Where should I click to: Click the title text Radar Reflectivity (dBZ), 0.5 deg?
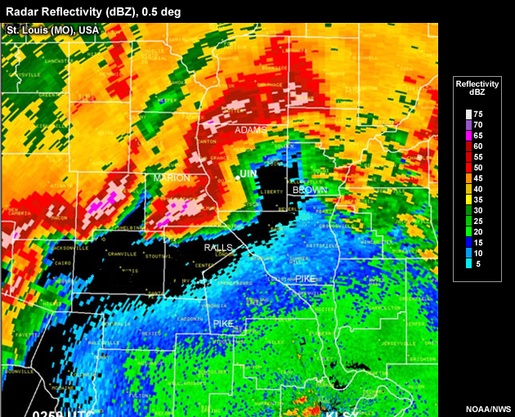pos(93,11)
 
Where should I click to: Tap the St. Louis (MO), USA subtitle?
pos(53,30)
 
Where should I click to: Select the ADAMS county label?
pos(251,130)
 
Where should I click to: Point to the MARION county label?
pos(171,177)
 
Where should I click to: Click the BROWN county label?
pos(310,190)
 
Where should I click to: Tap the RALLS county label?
pos(218,248)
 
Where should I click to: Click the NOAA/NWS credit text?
pos(488,408)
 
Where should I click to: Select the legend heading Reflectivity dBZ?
pos(477,89)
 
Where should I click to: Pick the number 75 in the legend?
pos(477,114)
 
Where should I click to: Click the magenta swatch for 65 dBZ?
pos(468,136)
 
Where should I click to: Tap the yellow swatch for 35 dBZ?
pos(468,199)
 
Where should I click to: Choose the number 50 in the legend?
pos(477,167)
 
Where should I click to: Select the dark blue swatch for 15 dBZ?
pos(468,241)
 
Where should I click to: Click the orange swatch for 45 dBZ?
pos(468,177)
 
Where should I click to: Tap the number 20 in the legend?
pos(477,231)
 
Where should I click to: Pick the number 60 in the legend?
pos(477,146)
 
